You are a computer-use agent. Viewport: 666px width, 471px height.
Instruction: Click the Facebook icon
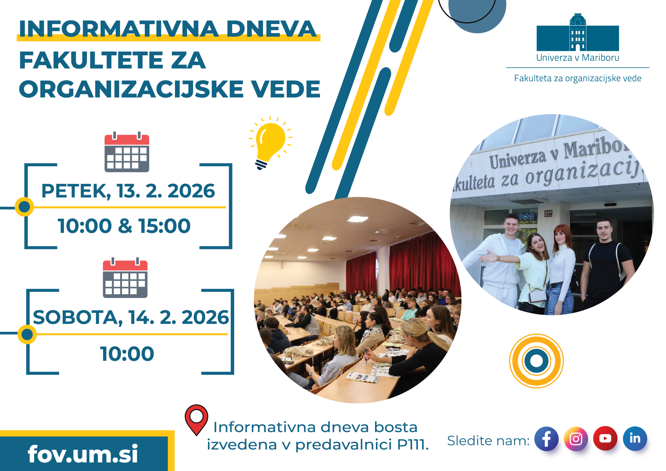(546, 438)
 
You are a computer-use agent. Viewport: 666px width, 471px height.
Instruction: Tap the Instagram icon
(576, 438)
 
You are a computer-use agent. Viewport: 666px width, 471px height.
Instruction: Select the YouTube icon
(605, 438)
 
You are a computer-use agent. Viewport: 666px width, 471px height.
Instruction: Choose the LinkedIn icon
(635, 438)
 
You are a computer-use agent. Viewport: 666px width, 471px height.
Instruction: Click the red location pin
(196, 419)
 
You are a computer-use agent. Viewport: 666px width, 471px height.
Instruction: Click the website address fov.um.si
(83, 454)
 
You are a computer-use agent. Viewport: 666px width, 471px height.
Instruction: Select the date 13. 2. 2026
(166, 191)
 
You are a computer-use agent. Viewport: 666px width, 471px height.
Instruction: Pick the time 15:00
(164, 226)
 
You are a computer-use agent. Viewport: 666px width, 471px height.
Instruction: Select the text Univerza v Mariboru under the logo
(578, 58)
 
